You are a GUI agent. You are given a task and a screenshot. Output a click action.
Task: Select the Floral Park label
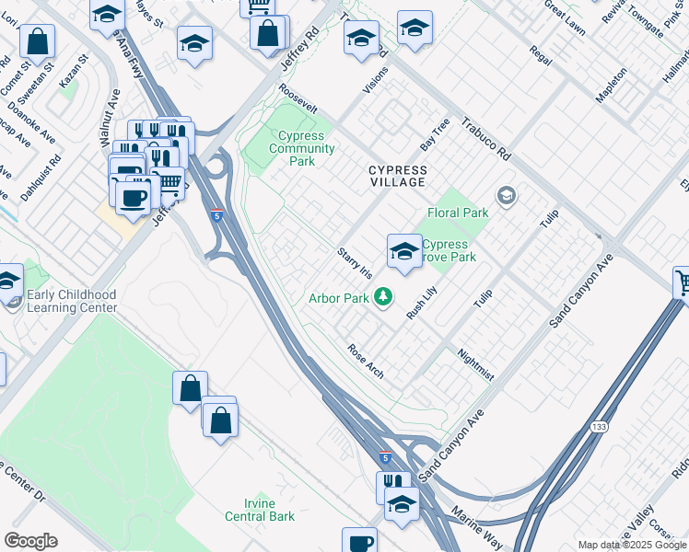(x=457, y=213)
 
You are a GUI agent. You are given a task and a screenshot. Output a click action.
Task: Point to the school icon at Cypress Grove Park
(x=403, y=251)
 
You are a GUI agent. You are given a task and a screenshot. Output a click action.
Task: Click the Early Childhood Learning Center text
(x=73, y=301)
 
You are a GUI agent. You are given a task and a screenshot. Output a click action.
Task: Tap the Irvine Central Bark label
(x=263, y=516)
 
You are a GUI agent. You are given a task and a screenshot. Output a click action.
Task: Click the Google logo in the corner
(x=30, y=541)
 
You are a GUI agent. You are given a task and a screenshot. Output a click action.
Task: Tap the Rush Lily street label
(x=422, y=303)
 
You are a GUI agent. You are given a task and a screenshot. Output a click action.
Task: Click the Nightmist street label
(x=476, y=363)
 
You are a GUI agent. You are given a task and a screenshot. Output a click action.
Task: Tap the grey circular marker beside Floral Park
(x=505, y=195)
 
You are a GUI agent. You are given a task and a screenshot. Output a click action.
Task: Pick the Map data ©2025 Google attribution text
(x=631, y=545)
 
